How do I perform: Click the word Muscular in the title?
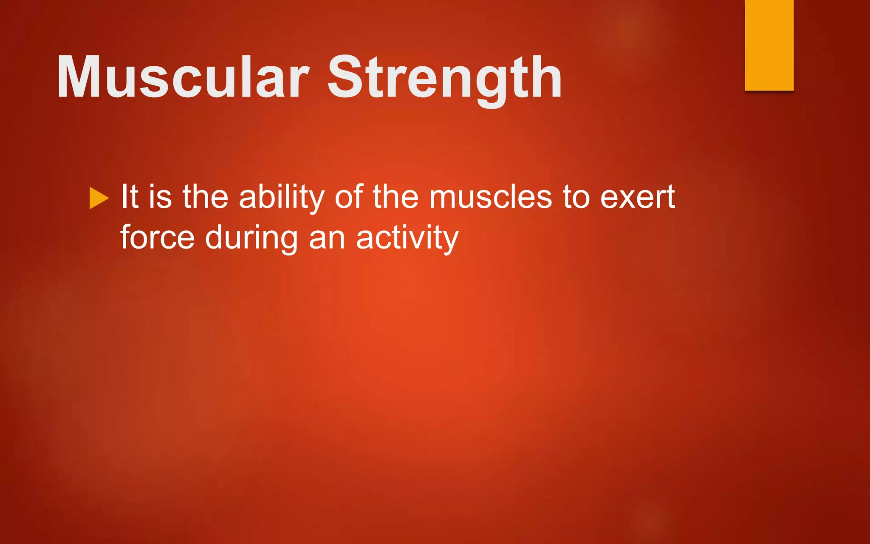[183, 77]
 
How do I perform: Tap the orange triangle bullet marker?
[99, 198]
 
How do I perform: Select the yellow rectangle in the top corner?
[769, 45]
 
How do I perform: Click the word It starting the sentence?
[130, 197]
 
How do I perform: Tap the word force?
[157, 237]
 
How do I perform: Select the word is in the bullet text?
[160, 197]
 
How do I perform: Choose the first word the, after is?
[205, 197]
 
